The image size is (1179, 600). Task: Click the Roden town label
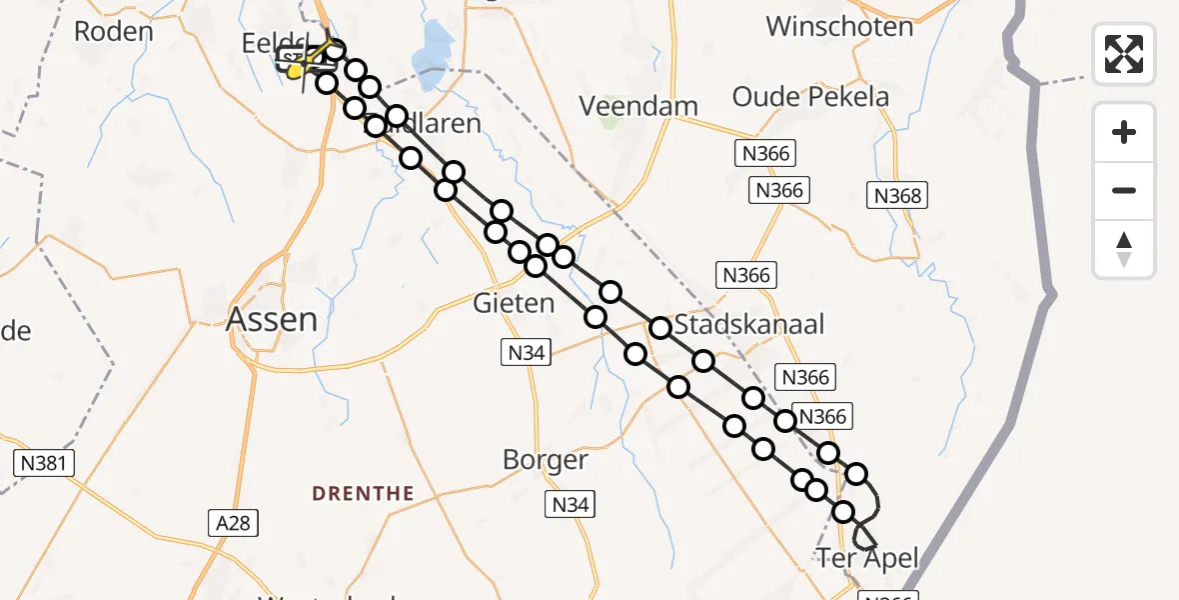(x=114, y=31)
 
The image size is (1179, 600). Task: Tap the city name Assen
(x=272, y=319)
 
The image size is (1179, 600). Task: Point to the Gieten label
(x=514, y=303)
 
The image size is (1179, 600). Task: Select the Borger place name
(x=545, y=460)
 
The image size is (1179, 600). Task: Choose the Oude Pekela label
(x=810, y=97)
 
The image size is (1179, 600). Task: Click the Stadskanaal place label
(x=749, y=325)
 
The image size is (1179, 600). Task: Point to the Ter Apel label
(x=867, y=558)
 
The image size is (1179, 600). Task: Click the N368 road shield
(x=897, y=196)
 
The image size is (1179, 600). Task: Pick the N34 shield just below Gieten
(x=526, y=351)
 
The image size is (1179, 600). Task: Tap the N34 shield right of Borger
(x=570, y=505)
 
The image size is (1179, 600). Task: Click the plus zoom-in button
(x=1124, y=132)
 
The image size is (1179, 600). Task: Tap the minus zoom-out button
(x=1124, y=190)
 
